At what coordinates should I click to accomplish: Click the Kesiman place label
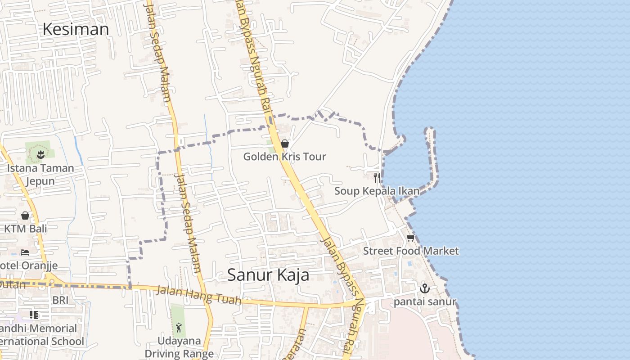[x=76, y=29]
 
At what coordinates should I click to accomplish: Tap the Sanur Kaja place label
[x=268, y=274]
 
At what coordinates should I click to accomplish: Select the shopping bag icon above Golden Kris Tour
[x=284, y=144]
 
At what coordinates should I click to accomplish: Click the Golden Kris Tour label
[x=284, y=157]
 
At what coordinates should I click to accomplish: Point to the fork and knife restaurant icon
[x=377, y=177]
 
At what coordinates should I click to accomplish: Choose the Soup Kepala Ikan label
[x=377, y=191]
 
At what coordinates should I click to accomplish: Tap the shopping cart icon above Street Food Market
[x=410, y=238]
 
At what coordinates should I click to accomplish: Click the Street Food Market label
[x=411, y=251]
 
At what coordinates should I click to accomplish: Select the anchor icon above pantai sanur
[x=424, y=288]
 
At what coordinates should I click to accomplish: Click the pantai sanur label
[x=425, y=301]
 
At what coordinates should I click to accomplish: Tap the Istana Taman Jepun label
[x=40, y=175]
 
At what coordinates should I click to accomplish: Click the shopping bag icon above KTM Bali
[x=25, y=216]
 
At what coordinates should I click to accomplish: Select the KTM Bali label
[x=25, y=228]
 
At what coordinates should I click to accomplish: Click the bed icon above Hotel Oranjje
[x=25, y=252]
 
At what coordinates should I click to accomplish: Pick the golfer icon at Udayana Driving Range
[x=179, y=327]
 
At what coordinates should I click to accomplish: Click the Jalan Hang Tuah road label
[x=198, y=295]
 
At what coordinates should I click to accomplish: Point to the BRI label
[x=60, y=300]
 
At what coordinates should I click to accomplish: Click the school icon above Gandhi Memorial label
[x=34, y=315]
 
